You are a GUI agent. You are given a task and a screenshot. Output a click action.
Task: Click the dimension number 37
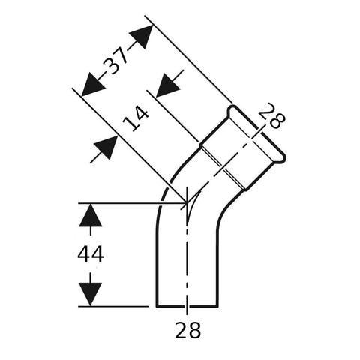(115, 61)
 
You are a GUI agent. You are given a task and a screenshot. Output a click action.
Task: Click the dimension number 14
(136, 118)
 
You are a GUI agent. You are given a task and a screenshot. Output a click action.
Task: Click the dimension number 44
(91, 254)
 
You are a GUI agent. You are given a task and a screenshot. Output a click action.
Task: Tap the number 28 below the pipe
(187, 330)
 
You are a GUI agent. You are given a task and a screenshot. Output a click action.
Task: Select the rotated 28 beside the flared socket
(271, 115)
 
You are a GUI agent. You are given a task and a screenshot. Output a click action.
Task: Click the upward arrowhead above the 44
(91, 215)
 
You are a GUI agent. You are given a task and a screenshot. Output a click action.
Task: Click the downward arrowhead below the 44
(91, 294)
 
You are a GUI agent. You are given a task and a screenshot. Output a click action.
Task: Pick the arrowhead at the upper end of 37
(141, 37)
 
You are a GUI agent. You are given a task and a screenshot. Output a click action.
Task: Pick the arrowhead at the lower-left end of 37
(93, 85)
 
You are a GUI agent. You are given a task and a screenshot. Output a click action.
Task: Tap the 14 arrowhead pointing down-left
(168, 85)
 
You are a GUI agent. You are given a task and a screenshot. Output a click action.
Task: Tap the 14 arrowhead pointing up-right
(106, 148)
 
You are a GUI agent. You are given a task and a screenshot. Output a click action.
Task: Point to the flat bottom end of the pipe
(187, 306)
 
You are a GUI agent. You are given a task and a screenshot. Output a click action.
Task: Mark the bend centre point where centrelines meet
(187, 202)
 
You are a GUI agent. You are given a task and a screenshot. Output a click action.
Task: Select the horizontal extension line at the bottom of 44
(114, 306)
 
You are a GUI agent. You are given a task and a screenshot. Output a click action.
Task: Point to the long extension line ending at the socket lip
(189, 59)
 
